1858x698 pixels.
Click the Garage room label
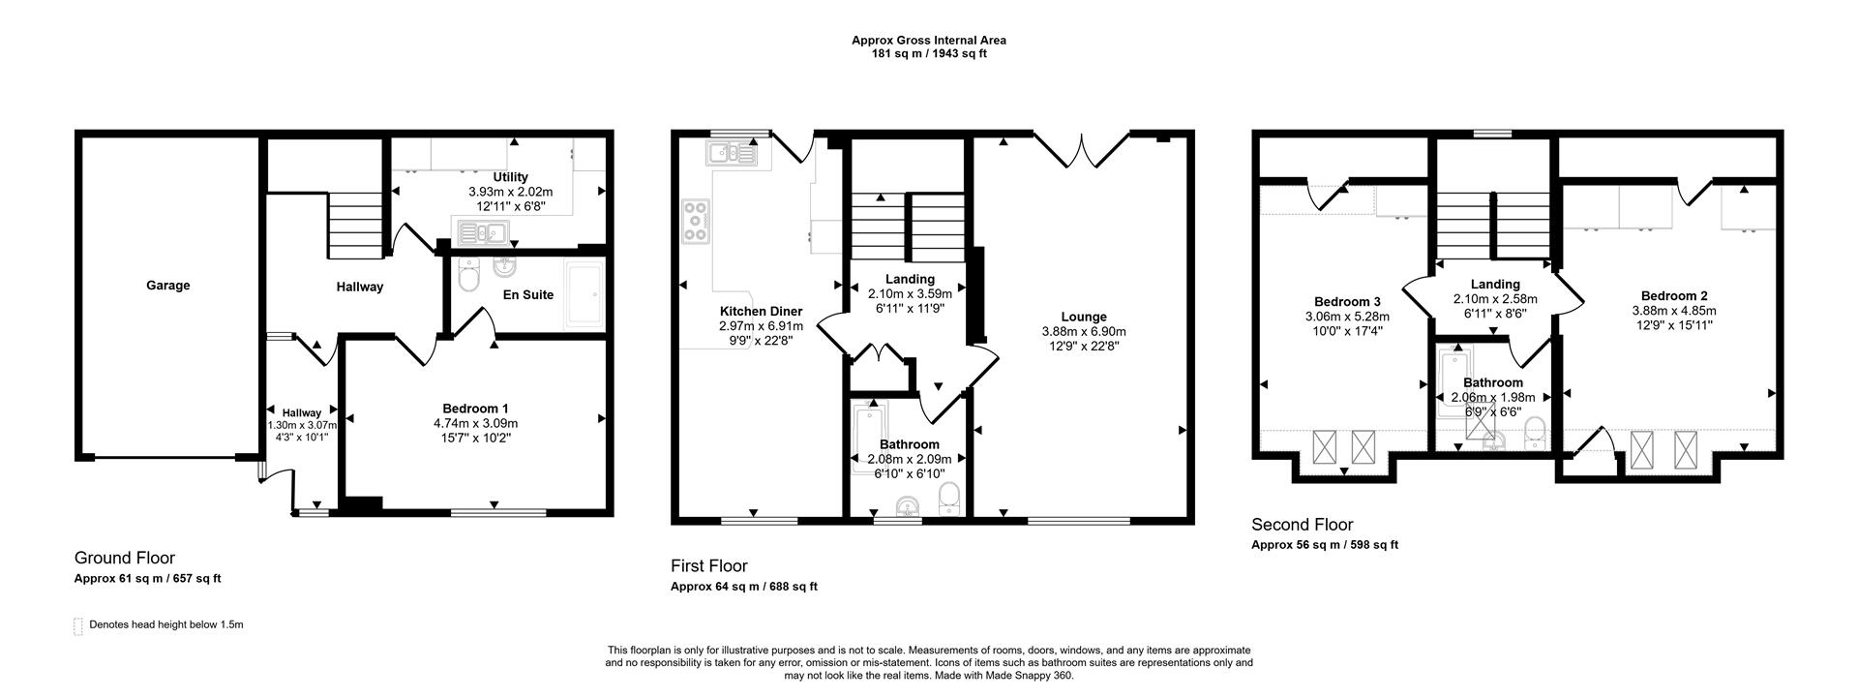[x=168, y=286]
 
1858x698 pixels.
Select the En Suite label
[x=528, y=294]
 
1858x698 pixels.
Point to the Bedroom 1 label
[x=475, y=409]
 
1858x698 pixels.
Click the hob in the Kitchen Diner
[x=696, y=221]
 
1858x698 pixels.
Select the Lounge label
[x=1083, y=317]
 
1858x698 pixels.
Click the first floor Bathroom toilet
[x=949, y=499]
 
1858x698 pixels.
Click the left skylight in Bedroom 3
[x=1323, y=448]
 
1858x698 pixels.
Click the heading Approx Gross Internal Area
[x=928, y=40]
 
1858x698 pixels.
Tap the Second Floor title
[x=1302, y=525]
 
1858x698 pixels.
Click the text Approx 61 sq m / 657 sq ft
[x=147, y=579]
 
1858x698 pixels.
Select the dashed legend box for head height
[x=78, y=625]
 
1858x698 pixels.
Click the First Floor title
[x=709, y=565]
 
